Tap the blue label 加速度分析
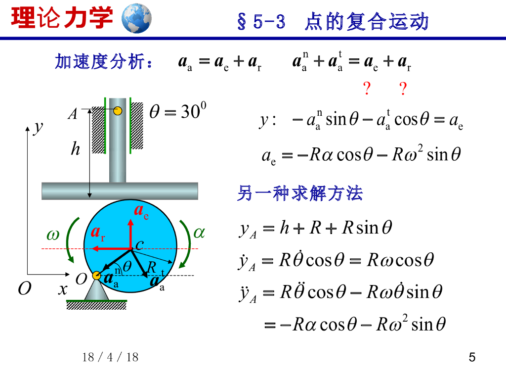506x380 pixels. click(x=104, y=62)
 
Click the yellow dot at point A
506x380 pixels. click(x=118, y=111)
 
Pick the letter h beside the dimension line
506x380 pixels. click(x=76, y=148)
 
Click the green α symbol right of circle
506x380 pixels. click(x=199, y=233)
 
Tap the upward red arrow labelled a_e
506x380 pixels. click(x=130, y=233)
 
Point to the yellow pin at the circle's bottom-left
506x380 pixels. click(x=96, y=276)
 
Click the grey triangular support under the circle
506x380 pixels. click(x=96, y=292)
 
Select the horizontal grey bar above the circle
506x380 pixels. click(x=120, y=190)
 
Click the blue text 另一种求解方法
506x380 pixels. click(x=300, y=193)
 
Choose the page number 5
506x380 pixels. click(x=472, y=357)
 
